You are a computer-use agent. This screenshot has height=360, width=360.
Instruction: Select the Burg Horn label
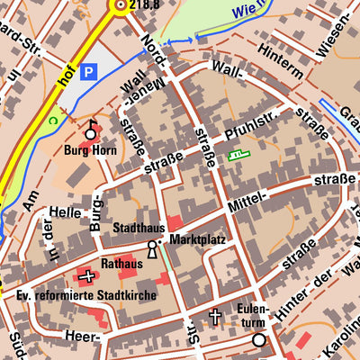pos(90,150)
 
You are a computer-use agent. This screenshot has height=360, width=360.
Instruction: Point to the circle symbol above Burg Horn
pos(90,132)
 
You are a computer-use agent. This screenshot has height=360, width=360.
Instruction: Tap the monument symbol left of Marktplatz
pos(152,251)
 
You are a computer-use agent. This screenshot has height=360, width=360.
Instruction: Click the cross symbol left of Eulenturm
pos(214,316)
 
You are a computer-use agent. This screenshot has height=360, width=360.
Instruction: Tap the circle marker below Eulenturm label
pos(259,340)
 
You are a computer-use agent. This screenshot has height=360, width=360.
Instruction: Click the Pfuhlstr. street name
pos(255,131)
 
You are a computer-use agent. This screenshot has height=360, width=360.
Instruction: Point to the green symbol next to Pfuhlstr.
pos(238,155)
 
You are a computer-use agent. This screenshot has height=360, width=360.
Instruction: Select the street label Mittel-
pos(248,209)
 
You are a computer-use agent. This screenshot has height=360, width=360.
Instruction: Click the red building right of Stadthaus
pos(175,222)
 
